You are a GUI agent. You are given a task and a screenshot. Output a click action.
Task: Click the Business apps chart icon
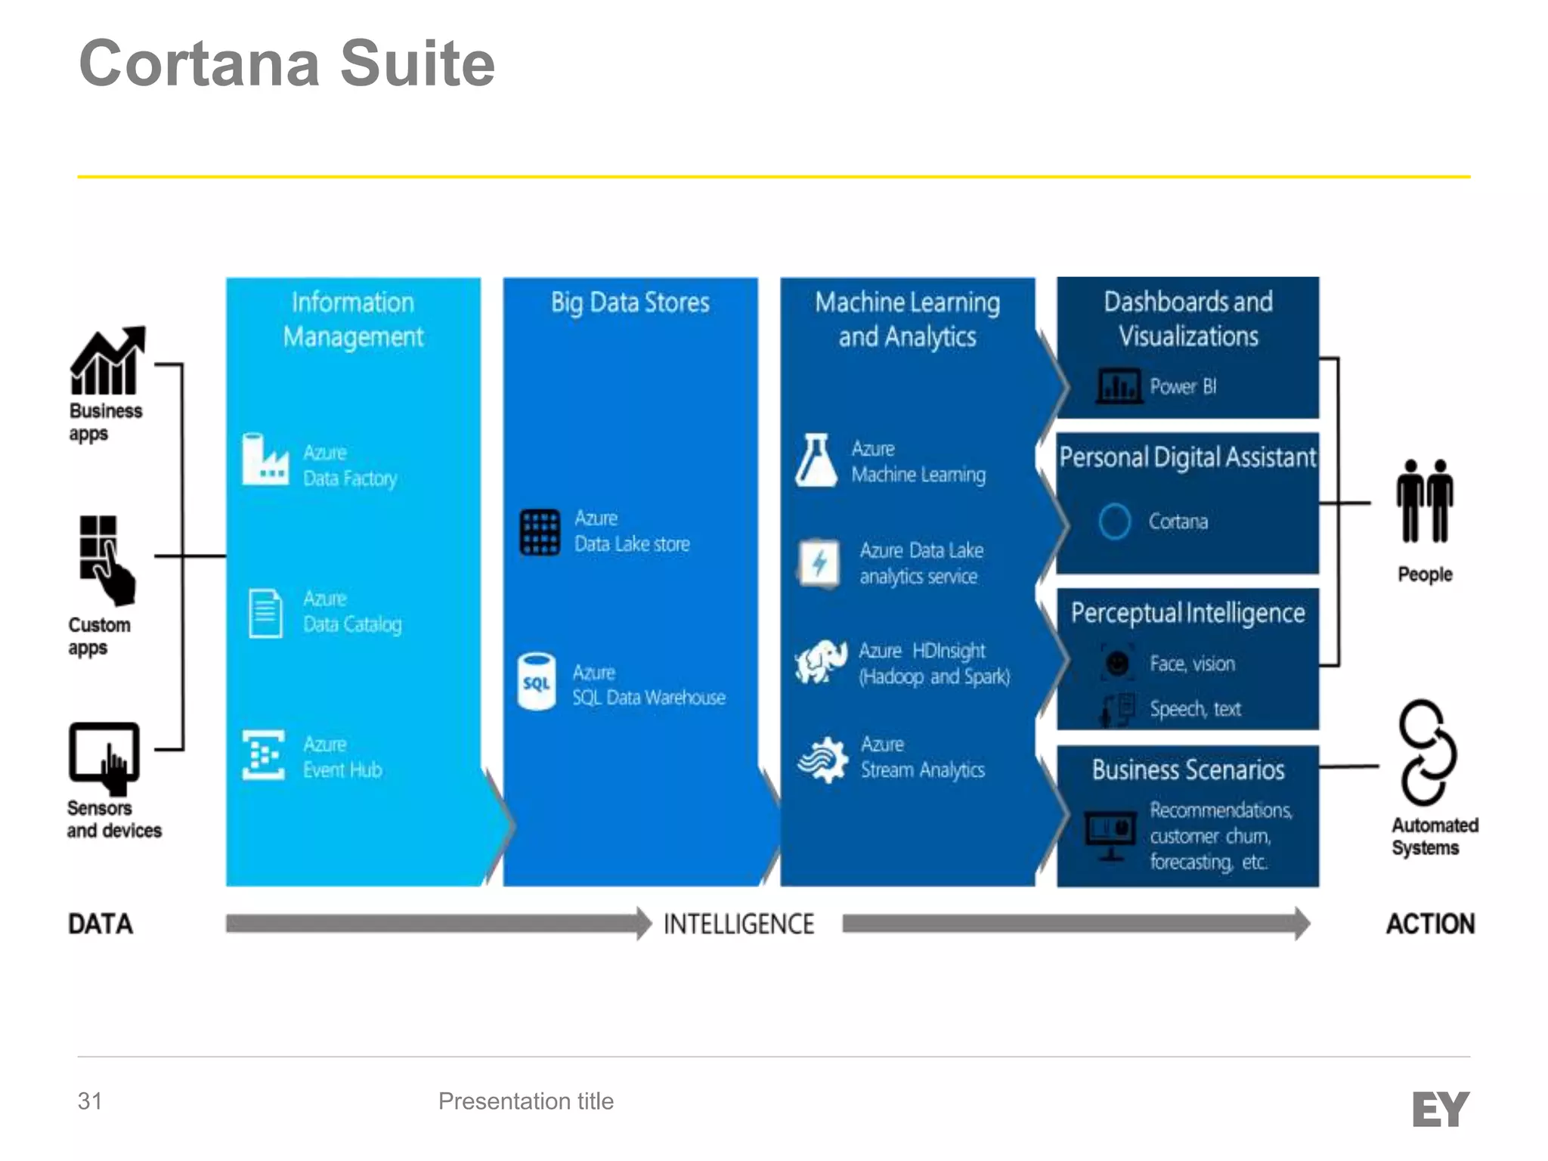tap(107, 361)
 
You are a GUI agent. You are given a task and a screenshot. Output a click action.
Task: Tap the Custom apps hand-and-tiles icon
tap(106, 559)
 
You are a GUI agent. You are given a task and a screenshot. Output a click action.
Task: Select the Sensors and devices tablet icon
tap(104, 757)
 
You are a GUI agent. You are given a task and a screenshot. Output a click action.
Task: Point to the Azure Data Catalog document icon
tap(265, 613)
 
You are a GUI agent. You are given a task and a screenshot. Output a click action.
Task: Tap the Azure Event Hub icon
tap(263, 755)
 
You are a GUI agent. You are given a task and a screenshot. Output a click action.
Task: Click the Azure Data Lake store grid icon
tap(540, 532)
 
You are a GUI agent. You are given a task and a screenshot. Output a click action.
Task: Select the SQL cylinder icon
tap(537, 682)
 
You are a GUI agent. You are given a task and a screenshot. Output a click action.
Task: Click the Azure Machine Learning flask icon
tap(816, 460)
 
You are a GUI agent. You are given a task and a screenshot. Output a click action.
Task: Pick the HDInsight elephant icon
tap(821, 662)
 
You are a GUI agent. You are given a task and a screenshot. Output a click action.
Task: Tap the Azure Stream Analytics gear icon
tap(823, 760)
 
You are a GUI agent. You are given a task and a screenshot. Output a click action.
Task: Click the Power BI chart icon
tap(1119, 385)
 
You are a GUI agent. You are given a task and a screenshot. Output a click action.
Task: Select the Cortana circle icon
tap(1114, 521)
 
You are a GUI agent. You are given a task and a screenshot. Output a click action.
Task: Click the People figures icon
tap(1424, 501)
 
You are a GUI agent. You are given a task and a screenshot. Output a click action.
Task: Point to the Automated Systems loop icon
tap(1426, 753)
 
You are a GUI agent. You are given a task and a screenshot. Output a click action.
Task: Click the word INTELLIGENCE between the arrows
tap(738, 924)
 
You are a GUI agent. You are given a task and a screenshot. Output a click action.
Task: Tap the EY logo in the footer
tap(1440, 1109)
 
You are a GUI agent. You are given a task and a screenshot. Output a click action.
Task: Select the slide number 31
tap(90, 1101)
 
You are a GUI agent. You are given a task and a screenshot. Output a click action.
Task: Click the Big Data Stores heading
tap(630, 303)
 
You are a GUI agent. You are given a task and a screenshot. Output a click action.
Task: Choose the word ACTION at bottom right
tap(1430, 924)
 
